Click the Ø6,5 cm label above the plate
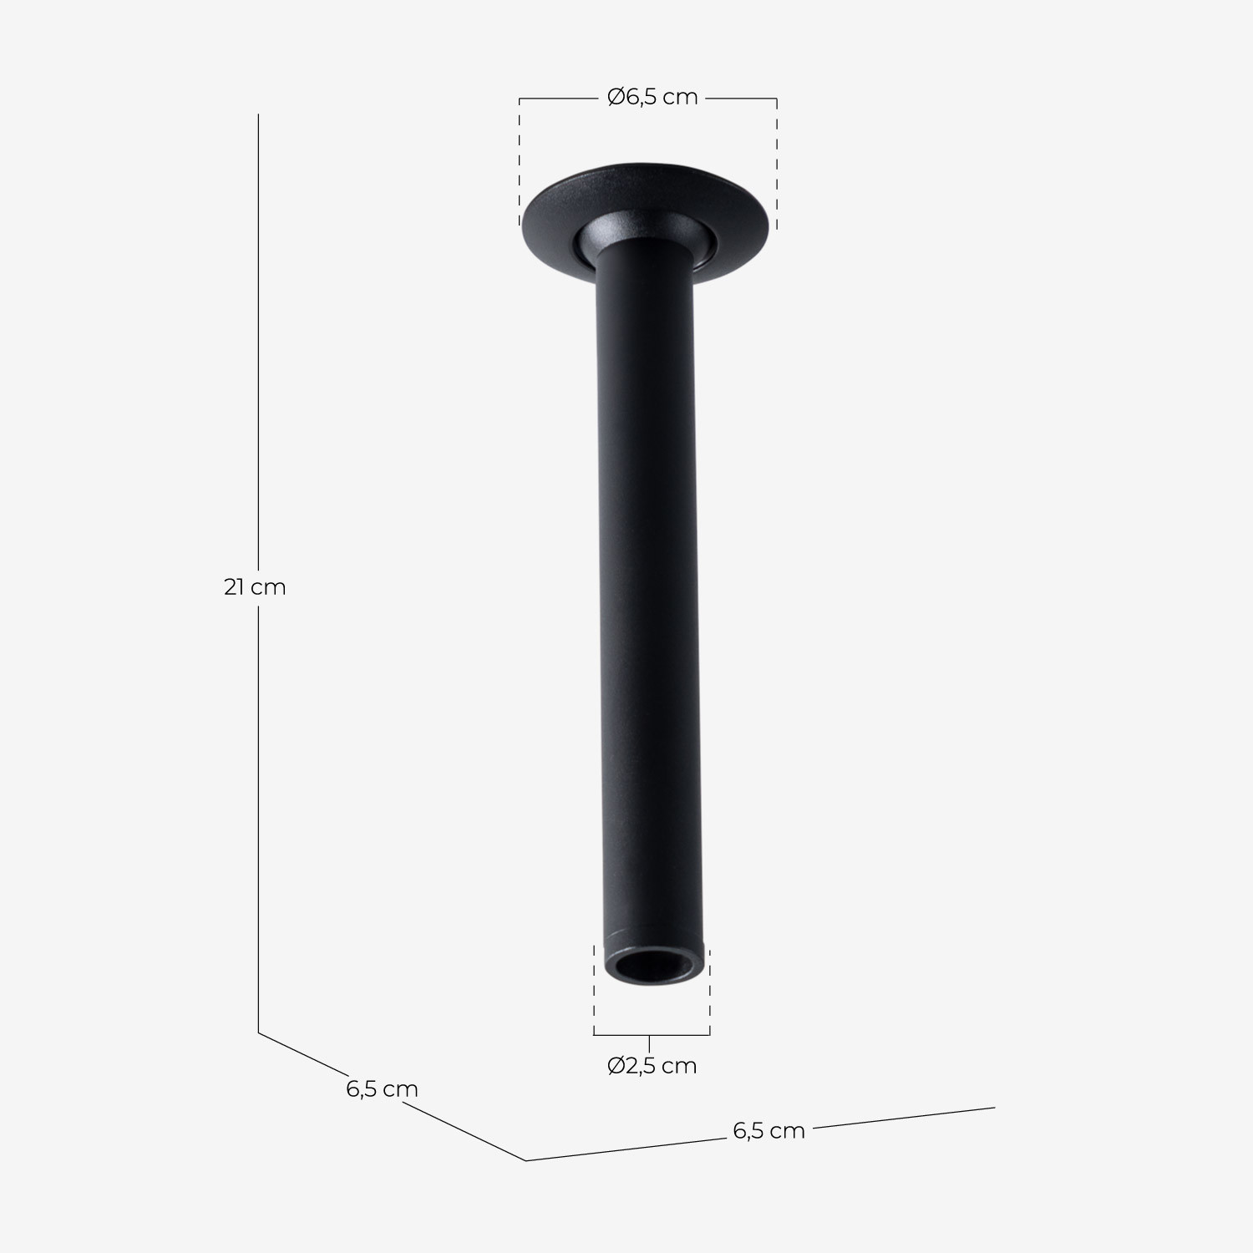652,98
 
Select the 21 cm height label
255,587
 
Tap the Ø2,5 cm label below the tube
652,1066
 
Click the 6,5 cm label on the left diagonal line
382,1089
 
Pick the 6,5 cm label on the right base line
769,1131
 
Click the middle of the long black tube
648,585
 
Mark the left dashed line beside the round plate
520,163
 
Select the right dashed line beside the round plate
777,163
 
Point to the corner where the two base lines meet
525,1160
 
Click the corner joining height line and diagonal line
258,1033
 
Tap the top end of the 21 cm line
258,114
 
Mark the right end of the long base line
994,1108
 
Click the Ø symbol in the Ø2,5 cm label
616,1066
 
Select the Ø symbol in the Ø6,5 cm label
616,98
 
